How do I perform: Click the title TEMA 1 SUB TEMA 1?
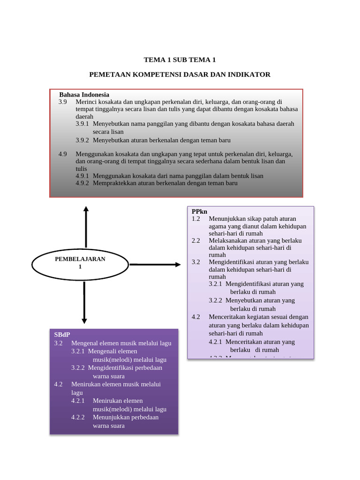(180, 60)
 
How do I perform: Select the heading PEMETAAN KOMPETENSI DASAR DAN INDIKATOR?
(180, 75)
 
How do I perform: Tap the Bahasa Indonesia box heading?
(84, 95)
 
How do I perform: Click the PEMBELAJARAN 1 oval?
(80, 263)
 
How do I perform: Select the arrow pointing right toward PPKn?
(155, 265)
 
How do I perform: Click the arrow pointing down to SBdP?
(84, 303)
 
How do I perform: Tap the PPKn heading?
(199, 211)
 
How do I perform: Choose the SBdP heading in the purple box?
(62, 335)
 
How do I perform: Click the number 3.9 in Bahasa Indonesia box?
(63, 102)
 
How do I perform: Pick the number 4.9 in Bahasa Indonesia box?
(63, 154)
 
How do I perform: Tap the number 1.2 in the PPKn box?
(196, 219)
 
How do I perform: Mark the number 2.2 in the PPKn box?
(196, 240)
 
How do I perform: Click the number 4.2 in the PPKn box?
(196, 317)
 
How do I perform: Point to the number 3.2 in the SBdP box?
(58, 343)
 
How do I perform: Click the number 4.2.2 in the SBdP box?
(78, 417)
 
